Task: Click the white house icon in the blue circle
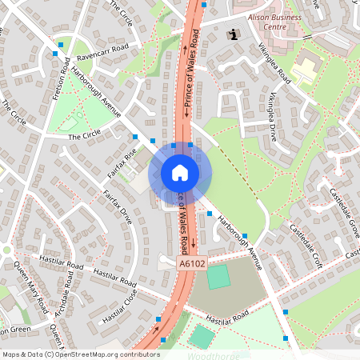tap(179, 172)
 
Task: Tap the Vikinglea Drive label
tap(282, 118)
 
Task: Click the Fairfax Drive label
tap(116, 206)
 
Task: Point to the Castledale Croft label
tap(305, 235)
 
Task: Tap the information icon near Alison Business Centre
tap(233, 34)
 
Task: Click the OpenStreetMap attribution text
tap(80, 354)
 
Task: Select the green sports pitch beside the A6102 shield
tap(218, 278)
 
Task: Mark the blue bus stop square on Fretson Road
tap(54, 54)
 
